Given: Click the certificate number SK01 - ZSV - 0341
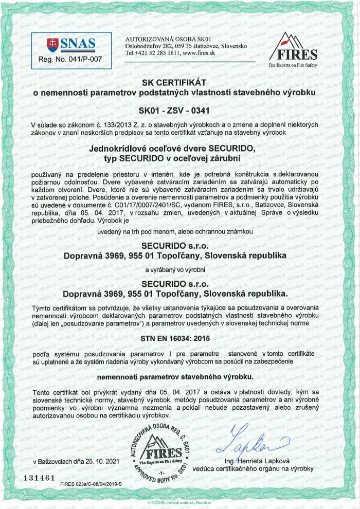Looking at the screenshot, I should tap(180, 110).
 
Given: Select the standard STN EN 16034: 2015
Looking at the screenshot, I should tap(180, 339).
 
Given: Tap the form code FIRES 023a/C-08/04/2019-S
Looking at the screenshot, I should tap(94, 485).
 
